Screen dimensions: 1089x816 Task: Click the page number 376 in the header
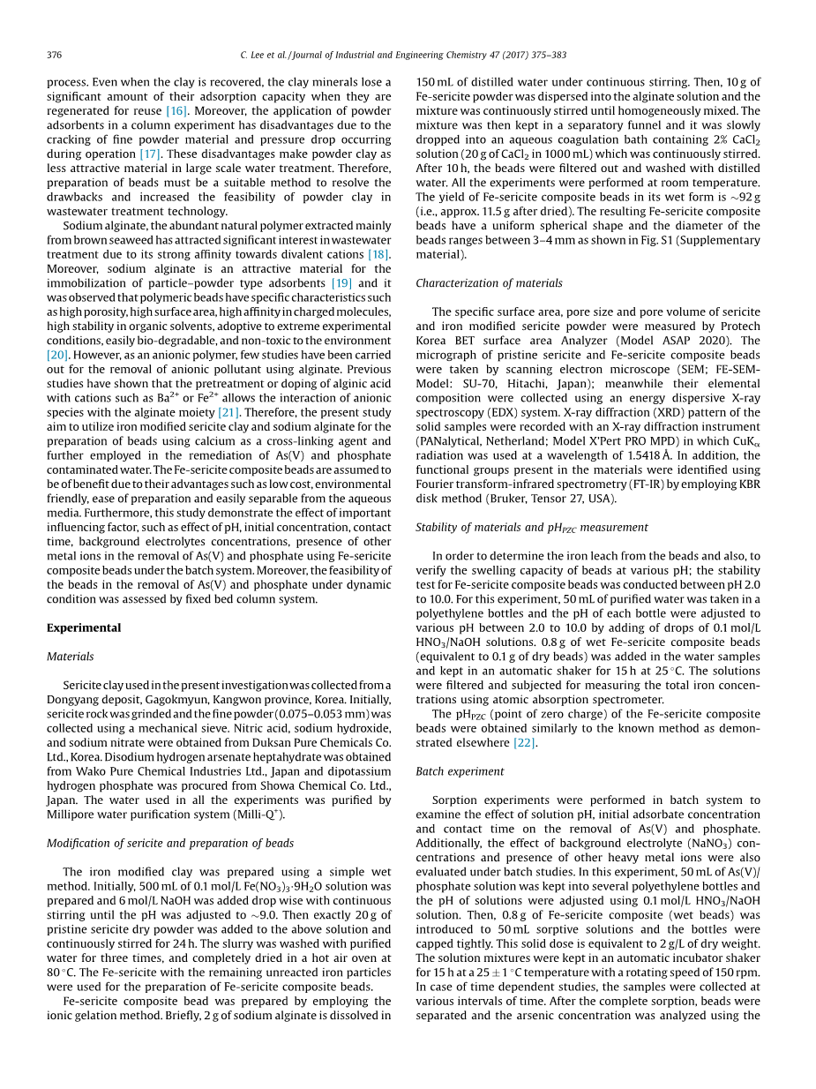click(55, 55)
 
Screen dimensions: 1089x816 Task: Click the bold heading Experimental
click(83, 627)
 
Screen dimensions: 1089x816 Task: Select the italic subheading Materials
click(70, 656)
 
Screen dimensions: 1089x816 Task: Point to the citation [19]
click(342, 283)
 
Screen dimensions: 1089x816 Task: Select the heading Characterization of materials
click(489, 283)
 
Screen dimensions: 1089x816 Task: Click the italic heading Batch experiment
click(460, 771)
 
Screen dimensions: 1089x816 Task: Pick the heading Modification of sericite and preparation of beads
click(169, 843)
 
